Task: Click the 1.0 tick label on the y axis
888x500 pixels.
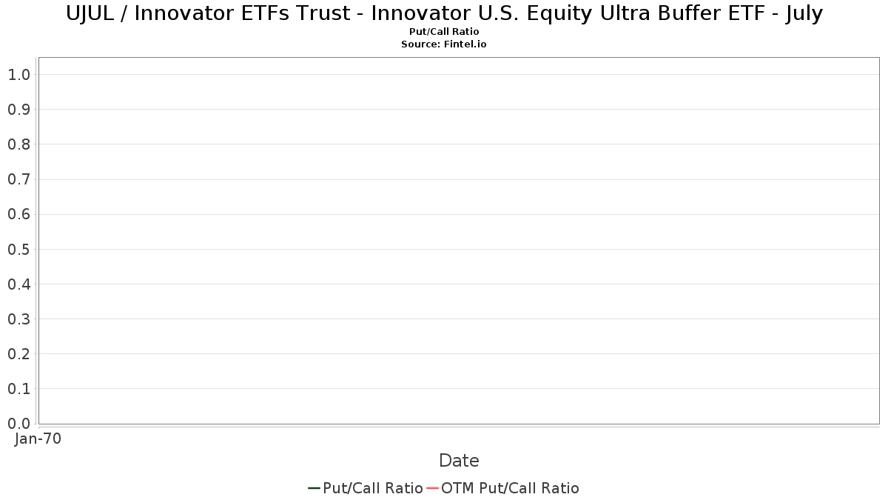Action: coord(19,75)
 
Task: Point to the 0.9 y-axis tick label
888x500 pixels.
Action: coord(19,110)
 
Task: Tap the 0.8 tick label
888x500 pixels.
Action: coord(19,144)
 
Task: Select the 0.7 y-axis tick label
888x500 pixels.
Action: coord(19,179)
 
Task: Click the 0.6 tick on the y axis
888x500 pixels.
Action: coord(19,214)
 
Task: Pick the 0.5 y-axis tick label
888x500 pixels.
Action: coord(19,249)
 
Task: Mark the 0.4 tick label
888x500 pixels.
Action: coord(19,284)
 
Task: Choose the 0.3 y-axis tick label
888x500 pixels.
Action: coord(19,319)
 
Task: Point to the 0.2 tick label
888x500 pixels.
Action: coord(19,354)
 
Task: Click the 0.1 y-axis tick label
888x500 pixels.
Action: coord(19,389)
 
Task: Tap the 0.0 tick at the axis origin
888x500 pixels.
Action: coord(19,424)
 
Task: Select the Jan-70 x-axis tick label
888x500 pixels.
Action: coord(38,439)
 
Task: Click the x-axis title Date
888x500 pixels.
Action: coord(459,461)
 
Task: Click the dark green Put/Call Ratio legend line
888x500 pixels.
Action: coord(314,488)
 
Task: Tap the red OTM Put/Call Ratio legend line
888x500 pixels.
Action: coord(432,488)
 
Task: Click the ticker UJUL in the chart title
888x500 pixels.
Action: coord(90,14)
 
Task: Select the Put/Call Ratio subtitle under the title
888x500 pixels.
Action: coord(444,32)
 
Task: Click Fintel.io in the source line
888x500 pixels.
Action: coord(465,44)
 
